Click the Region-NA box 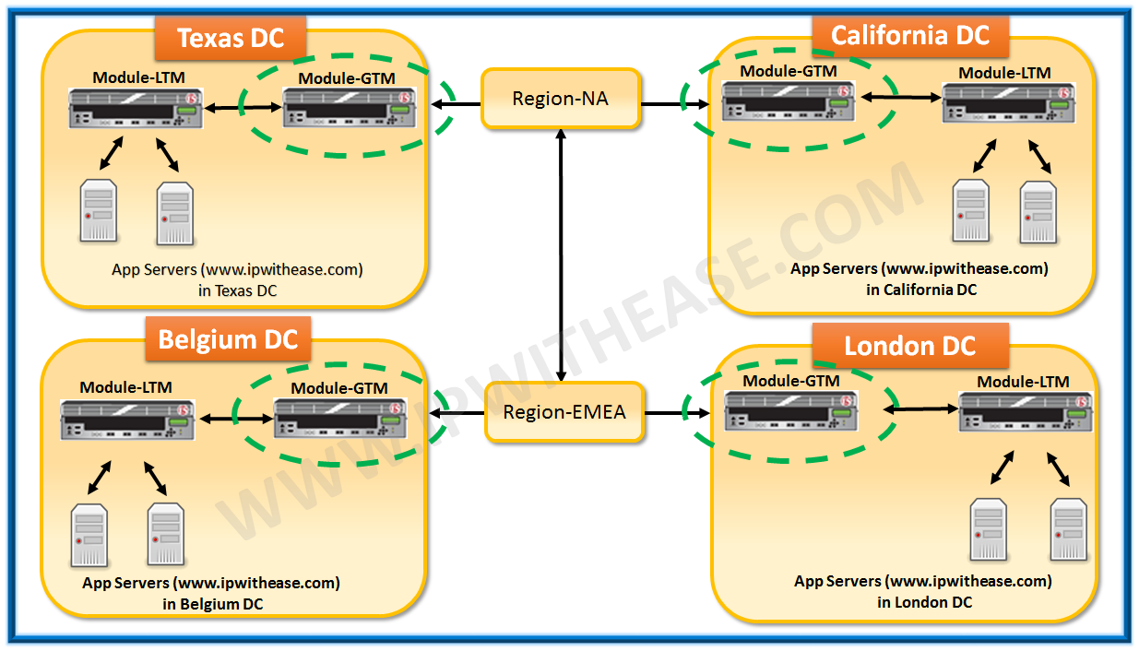[x=560, y=99]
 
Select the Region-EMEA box [x=564, y=412]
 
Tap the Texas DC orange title [x=229, y=39]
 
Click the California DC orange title [x=909, y=36]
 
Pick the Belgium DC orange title [x=228, y=339]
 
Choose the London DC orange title [x=909, y=347]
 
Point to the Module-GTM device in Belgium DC [x=340, y=420]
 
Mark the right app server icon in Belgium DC [x=166, y=535]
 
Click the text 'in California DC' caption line [x=920, y=290]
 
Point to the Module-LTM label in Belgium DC [x=125, y=387]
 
